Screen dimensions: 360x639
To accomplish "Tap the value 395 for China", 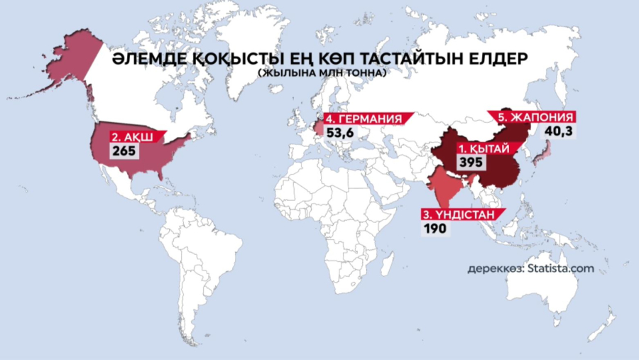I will pyautogui.click(x=471, y=163).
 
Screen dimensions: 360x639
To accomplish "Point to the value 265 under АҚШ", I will pyautogui.click(x=122, y=150).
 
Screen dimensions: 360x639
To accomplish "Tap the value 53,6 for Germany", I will pyautogui.click(x=340, y=132).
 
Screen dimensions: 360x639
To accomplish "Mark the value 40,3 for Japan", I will pyautogui.click(x=558, y=131).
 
